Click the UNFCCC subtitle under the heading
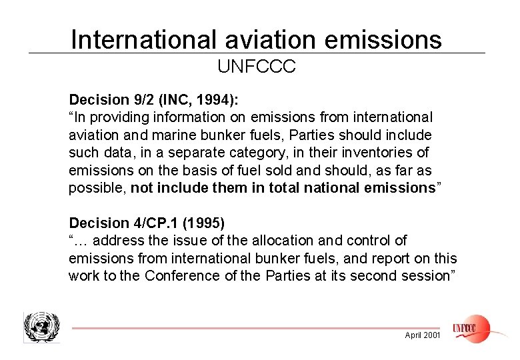pyautogui.click(x=257, y=67)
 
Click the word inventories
pyautogui.click(x=379, y=153)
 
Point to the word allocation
pyautogui.click(x=295, y=241)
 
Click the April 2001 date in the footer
pyautogui.click(x=423, y=335)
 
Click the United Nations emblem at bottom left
pyautogui.click(x=41, y=327)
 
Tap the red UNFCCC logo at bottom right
pyautogui.click(x=471, y=328)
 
